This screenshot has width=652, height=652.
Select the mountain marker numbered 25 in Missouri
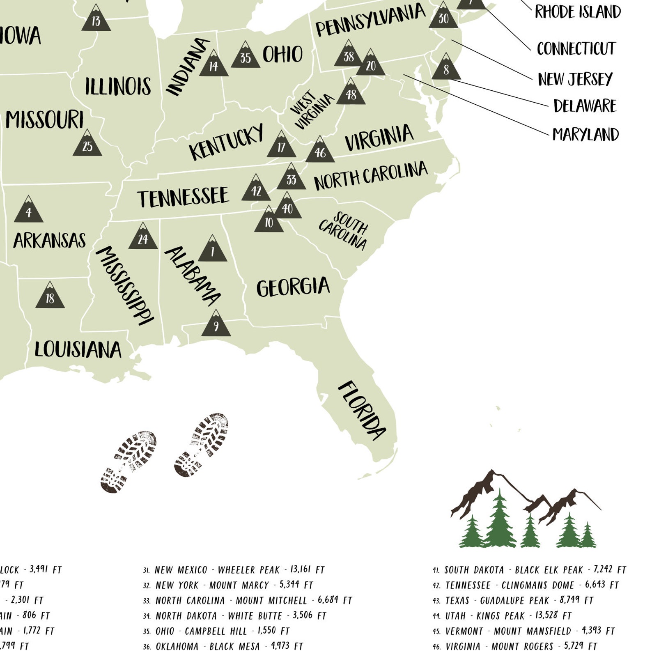(x=87, y=145)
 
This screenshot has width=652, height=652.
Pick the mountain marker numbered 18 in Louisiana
(x=50, y=296)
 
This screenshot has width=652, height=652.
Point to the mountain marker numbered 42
(x=256, y=189)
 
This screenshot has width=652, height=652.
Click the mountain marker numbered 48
(x=351, y=93)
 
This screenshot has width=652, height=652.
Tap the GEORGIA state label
(x=293, y=287)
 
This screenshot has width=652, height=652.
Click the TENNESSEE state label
(x=183, y=197)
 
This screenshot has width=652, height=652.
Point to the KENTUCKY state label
(x=226, y=142)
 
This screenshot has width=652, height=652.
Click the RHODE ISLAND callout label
(x=578, y=12)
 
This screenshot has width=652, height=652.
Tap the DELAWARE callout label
(x=585, y=106)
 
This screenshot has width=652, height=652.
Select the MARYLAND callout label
(x=585, y=134)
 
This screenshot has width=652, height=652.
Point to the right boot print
(x=201, y=445)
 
